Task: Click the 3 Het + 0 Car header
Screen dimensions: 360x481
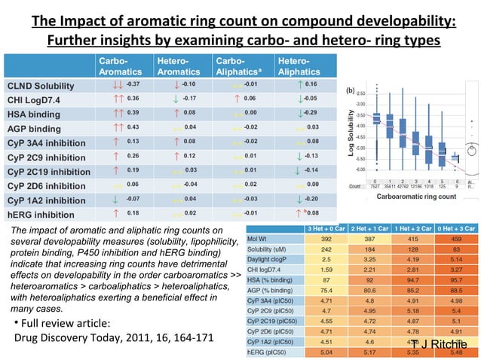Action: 326,228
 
